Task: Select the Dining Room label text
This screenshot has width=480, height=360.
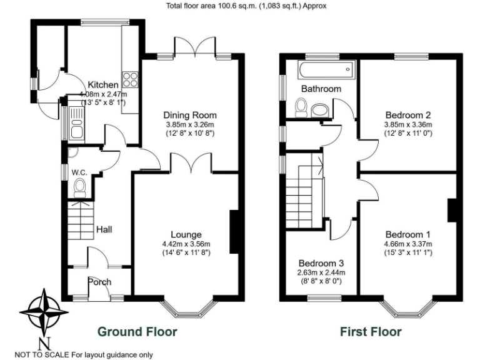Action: (190, 115)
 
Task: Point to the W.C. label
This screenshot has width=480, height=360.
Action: (79, 172)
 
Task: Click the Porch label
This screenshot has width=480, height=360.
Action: (99, 282)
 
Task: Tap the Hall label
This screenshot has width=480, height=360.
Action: (104, 230)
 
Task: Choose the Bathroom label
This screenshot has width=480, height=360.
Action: (321, 89)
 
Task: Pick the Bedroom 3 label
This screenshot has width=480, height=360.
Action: (321, 263)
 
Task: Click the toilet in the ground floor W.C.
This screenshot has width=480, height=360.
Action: (79, 188)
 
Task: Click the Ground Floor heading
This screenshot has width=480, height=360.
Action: (137, 332)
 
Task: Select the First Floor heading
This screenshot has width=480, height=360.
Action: (371, 332)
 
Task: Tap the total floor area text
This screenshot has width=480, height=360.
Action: (246, 6)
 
